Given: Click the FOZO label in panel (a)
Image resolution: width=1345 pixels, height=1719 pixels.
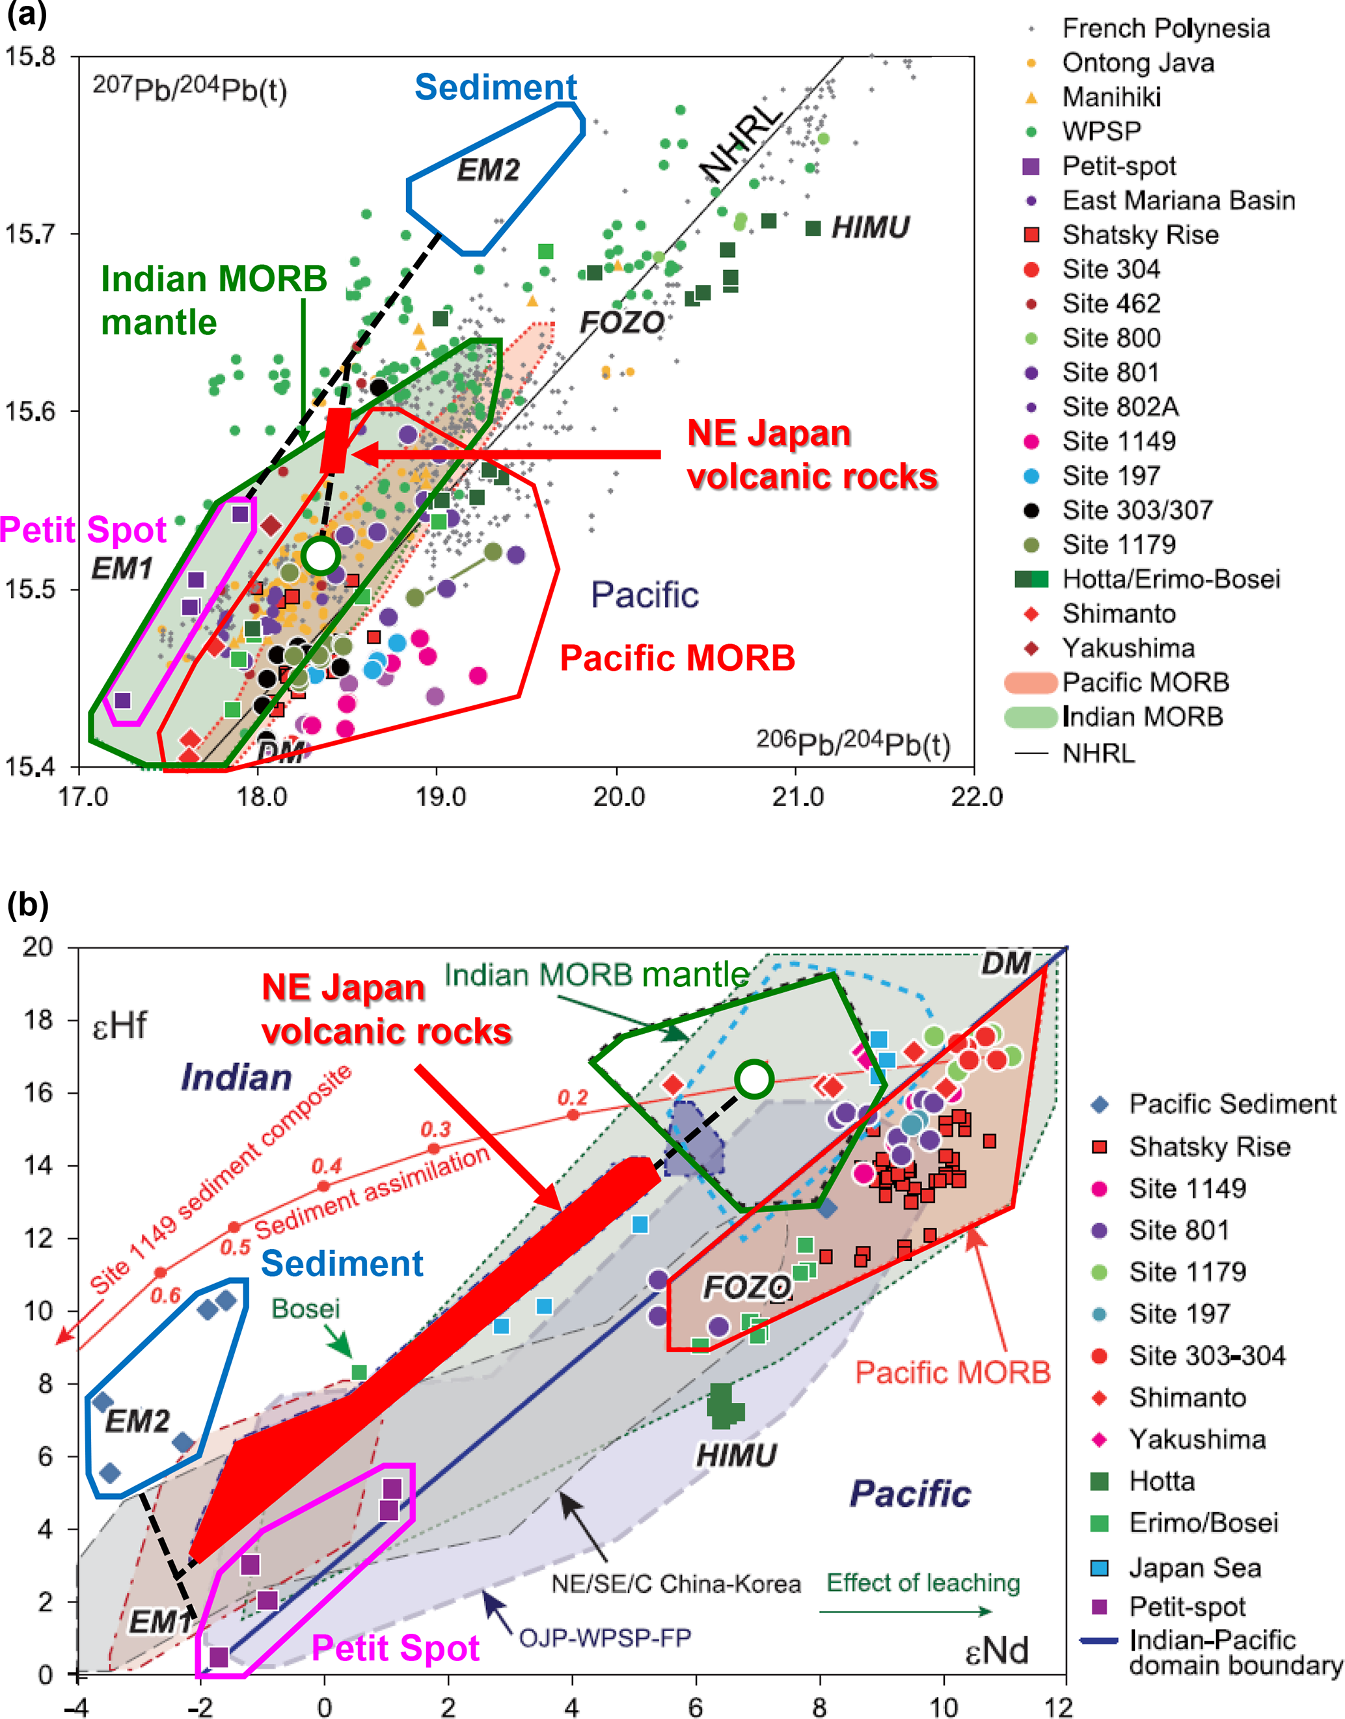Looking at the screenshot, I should point(622,322).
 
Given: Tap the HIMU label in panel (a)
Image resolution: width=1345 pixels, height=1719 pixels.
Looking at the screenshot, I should point(870,228).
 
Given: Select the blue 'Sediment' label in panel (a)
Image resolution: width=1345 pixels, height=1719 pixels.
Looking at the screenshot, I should point(495,87).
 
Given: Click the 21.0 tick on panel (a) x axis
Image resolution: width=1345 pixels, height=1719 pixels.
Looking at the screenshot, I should point(797,796).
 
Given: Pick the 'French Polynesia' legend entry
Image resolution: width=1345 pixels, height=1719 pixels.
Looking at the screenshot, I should point(1165,29).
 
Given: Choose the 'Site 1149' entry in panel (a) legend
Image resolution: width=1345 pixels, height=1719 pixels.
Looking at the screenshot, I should point(1118,441).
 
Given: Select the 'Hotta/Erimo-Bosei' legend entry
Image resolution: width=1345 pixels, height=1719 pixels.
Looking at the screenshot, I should point(1171,579).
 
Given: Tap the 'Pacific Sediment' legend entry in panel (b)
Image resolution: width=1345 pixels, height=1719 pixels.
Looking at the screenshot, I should point(1232,1103).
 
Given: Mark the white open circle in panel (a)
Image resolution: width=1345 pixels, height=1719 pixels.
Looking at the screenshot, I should point(321,555).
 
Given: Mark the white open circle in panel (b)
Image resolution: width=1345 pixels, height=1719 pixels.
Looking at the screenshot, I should point(754,1079).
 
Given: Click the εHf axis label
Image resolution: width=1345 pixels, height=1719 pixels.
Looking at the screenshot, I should point(120,1025).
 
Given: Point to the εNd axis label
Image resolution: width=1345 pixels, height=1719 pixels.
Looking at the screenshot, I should point(996,1651).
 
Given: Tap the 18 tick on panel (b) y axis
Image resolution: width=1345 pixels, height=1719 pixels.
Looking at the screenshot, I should point(37,1020).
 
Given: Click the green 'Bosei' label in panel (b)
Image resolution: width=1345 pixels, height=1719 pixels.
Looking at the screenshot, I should point(306,1308).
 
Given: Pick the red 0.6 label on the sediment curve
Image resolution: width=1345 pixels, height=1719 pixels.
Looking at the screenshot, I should point(166,1295).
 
